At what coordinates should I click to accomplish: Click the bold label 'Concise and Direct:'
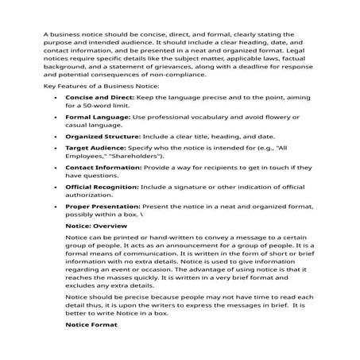click(x=99, y=96)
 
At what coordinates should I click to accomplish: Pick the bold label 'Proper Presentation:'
click(x=102, y=206)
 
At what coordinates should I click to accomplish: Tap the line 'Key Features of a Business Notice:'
click(x=101, y=84)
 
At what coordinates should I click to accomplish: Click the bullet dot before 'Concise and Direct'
click(x=55, y=97)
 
